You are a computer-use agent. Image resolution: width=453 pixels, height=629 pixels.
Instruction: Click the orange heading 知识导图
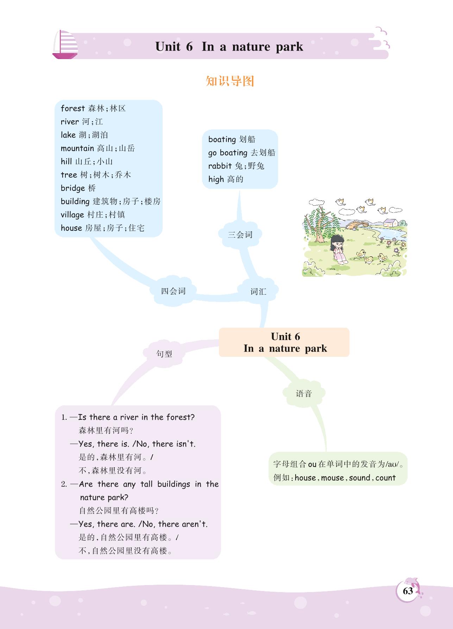click(230, 81)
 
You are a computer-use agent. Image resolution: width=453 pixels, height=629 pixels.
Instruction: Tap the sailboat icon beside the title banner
click(65, 45)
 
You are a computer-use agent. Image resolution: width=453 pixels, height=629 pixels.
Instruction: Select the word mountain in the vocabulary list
click(77, 148)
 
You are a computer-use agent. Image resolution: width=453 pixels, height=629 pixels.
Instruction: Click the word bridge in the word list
click(73, 188)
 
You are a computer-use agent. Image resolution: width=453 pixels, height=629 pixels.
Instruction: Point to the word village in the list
click(72, 215)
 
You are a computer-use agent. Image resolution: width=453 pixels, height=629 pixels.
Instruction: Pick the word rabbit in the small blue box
click(220, 166)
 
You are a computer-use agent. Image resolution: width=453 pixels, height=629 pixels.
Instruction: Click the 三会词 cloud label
click(240, 235)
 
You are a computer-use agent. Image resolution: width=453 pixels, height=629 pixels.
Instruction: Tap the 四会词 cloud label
click(173, 291)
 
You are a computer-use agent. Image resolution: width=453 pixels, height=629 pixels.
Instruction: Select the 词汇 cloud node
click(258, 291)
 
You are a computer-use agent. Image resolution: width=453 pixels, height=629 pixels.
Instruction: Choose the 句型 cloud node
click(164, 354)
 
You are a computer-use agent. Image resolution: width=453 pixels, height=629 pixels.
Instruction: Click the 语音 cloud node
click(304, 393)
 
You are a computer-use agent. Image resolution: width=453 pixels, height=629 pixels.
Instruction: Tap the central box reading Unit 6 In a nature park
click(284, 342)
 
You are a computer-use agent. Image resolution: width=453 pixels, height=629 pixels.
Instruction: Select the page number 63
click(408, 591)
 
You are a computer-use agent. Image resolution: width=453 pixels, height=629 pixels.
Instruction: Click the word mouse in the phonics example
click(332, 478)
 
